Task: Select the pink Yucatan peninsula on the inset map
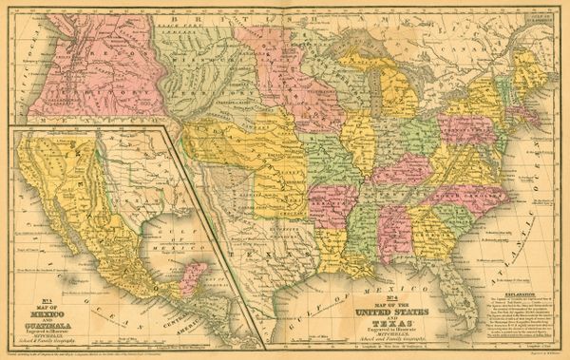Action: tap(192, 277)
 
